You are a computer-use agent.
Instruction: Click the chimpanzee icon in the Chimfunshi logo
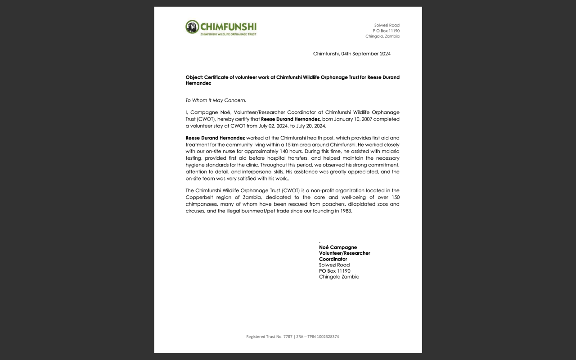(192, 27)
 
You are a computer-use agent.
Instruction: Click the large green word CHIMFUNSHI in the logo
(228, 26)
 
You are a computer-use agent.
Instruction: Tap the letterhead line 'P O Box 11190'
(386, 31)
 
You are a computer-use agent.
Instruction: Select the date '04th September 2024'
(366, 54)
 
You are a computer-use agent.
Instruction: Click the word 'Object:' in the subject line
(194, 77)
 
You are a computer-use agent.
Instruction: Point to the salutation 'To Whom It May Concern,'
(216, 100)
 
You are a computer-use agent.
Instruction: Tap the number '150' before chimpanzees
(394, 198)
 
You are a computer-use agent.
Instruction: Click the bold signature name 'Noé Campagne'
(338, 247)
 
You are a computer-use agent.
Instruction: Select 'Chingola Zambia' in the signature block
(339, 277)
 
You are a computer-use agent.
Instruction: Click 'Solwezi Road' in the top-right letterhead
(387, 25)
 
